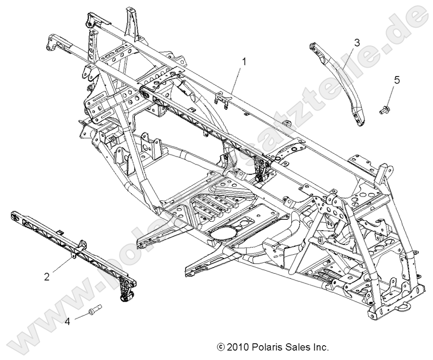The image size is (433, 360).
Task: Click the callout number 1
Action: click(x=243, y=61)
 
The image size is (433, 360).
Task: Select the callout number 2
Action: click(x=47, y=277)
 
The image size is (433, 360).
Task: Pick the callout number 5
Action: click(x=397, y=80)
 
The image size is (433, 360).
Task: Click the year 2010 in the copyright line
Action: click(x=238, y=347)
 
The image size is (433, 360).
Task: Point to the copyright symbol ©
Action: click(x=221, y=347)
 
